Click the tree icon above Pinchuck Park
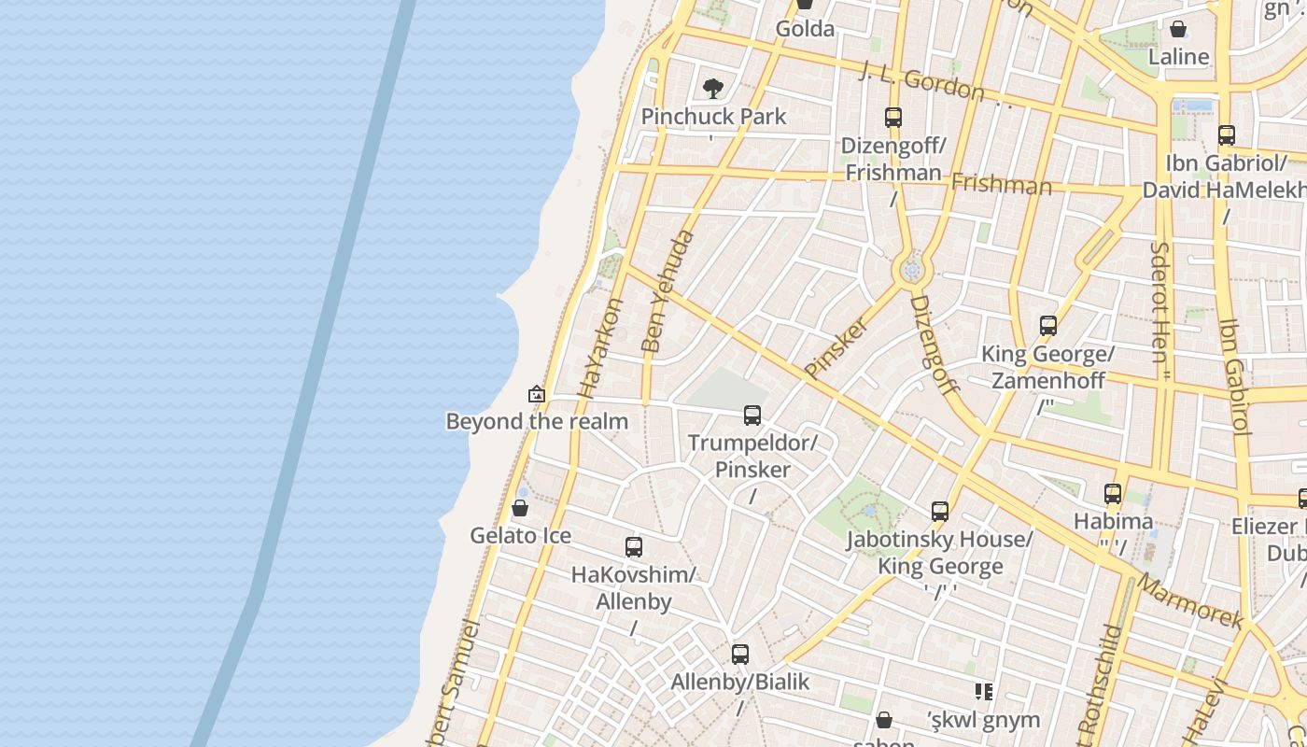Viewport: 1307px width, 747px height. (713, 89)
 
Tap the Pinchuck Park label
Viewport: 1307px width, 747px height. (713, 117)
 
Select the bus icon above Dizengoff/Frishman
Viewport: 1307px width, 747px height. (893, 118)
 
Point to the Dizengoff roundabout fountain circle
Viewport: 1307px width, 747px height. (912, 271)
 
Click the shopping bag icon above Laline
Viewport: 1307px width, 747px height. (1178, 29)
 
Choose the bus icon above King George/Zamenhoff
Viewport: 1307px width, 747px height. (1048, 326)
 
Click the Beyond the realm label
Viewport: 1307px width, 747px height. (537, 421)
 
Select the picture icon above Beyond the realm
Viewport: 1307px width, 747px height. (536, 394)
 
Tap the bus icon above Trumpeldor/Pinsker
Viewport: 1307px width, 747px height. (752, 416)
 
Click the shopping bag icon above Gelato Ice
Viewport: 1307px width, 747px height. (520, 509)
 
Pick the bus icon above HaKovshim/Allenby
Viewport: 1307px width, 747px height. (634, 547)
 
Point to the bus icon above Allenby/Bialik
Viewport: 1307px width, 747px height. (740, 655)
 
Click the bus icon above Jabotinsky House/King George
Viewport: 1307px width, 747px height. (940, 512)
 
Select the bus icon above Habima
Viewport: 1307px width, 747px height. (1113, 494)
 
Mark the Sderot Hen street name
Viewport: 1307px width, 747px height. (1160, 307)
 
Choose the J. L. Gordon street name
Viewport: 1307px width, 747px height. (921, 81)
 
